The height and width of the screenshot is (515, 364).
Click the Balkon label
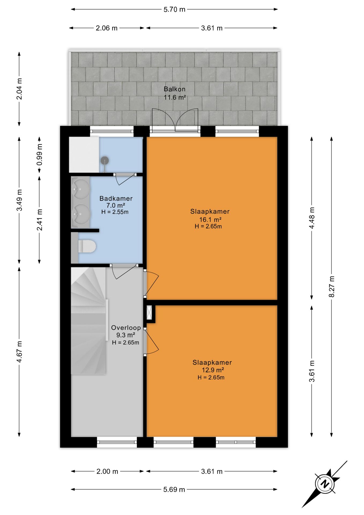point(174,89)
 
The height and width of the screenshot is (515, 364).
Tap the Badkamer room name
point(116,198)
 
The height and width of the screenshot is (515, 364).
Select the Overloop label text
point(126,328)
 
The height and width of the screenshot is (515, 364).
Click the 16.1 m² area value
point(210,220)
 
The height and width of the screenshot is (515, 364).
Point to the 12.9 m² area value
point(213,370)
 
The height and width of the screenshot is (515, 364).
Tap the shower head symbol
point(105,161)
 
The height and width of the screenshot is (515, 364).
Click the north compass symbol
point(325,484)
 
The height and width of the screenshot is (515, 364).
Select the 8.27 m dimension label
point(332,286)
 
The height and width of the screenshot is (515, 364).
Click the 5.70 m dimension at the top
point(174,9)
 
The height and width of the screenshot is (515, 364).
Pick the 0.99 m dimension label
point(39,155)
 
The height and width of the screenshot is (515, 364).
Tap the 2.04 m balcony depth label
point(19,89)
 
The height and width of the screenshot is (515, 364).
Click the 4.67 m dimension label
point(19,352)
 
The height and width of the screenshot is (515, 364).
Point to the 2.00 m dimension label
point(107,471)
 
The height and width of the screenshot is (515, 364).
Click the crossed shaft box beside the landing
point(149,312)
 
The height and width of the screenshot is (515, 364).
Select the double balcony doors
point(175,120)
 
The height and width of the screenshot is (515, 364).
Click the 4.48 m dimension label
point(312,218)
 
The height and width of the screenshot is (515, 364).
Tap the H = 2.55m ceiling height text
point(115,212)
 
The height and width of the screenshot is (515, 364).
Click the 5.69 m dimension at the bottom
point(174,490)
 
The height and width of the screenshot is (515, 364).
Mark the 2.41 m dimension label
point(39,220)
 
